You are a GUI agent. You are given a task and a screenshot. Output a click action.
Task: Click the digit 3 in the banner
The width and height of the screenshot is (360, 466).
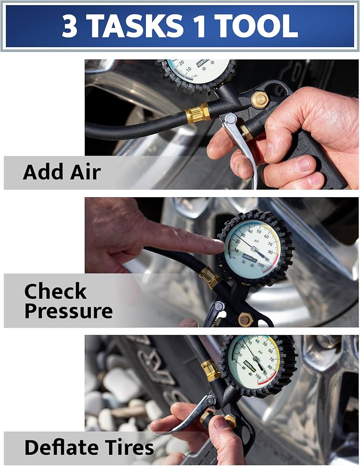[70, 26]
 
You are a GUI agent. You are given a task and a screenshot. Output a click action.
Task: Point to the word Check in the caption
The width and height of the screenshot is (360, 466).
[55, 291]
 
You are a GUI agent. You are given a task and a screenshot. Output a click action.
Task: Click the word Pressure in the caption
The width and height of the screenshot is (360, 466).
[68, 311]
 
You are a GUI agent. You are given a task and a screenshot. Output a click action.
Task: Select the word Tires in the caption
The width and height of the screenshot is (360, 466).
[128, 448]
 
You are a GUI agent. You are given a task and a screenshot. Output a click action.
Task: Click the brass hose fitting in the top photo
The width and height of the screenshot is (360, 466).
[197, 113]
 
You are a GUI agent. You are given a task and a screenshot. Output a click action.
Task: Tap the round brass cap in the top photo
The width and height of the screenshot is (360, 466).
[259, 99]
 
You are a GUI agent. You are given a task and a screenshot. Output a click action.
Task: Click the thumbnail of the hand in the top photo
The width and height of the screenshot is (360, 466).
[304, 164]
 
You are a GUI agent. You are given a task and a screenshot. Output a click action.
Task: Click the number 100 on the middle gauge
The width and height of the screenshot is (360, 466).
[261, 266]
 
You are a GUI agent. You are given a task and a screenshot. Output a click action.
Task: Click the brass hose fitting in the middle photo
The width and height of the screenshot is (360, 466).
[210, 278]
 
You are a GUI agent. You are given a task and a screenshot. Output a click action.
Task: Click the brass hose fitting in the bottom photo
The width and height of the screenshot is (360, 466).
[211, 370]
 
